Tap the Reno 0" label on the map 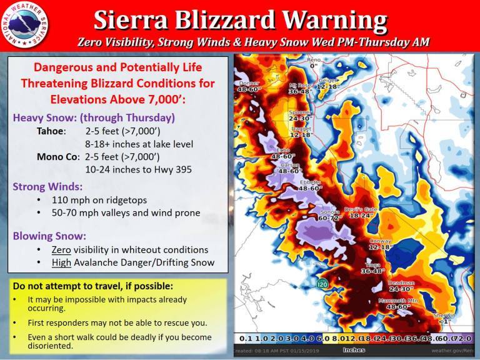313,62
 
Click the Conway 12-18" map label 380,244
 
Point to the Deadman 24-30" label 401,286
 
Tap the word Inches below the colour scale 353,350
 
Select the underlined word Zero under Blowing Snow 62,249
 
